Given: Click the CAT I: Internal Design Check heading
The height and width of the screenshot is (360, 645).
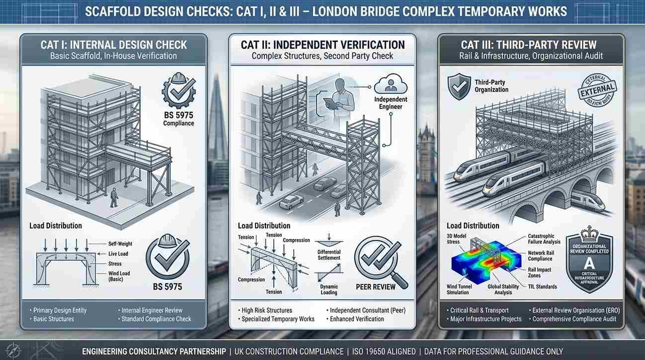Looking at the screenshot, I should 114,45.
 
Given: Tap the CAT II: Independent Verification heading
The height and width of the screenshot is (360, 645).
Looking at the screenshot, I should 322,45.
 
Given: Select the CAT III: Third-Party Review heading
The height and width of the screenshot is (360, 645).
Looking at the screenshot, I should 529,45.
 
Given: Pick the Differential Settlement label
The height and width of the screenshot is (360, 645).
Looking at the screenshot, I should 328,255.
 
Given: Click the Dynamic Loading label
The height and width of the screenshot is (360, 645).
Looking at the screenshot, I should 328,290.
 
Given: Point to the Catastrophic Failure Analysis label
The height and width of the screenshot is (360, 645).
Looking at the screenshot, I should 544,239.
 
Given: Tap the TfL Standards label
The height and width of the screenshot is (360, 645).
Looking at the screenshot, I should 542,287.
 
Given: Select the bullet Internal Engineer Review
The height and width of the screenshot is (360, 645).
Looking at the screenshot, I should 152,310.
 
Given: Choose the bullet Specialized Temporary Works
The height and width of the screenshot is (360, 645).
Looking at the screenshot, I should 277,319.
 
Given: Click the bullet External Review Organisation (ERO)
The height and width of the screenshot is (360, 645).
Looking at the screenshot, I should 575,310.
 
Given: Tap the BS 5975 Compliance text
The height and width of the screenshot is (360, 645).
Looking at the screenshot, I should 178,120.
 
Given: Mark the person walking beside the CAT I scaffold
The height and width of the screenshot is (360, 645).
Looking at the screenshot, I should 114,197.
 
